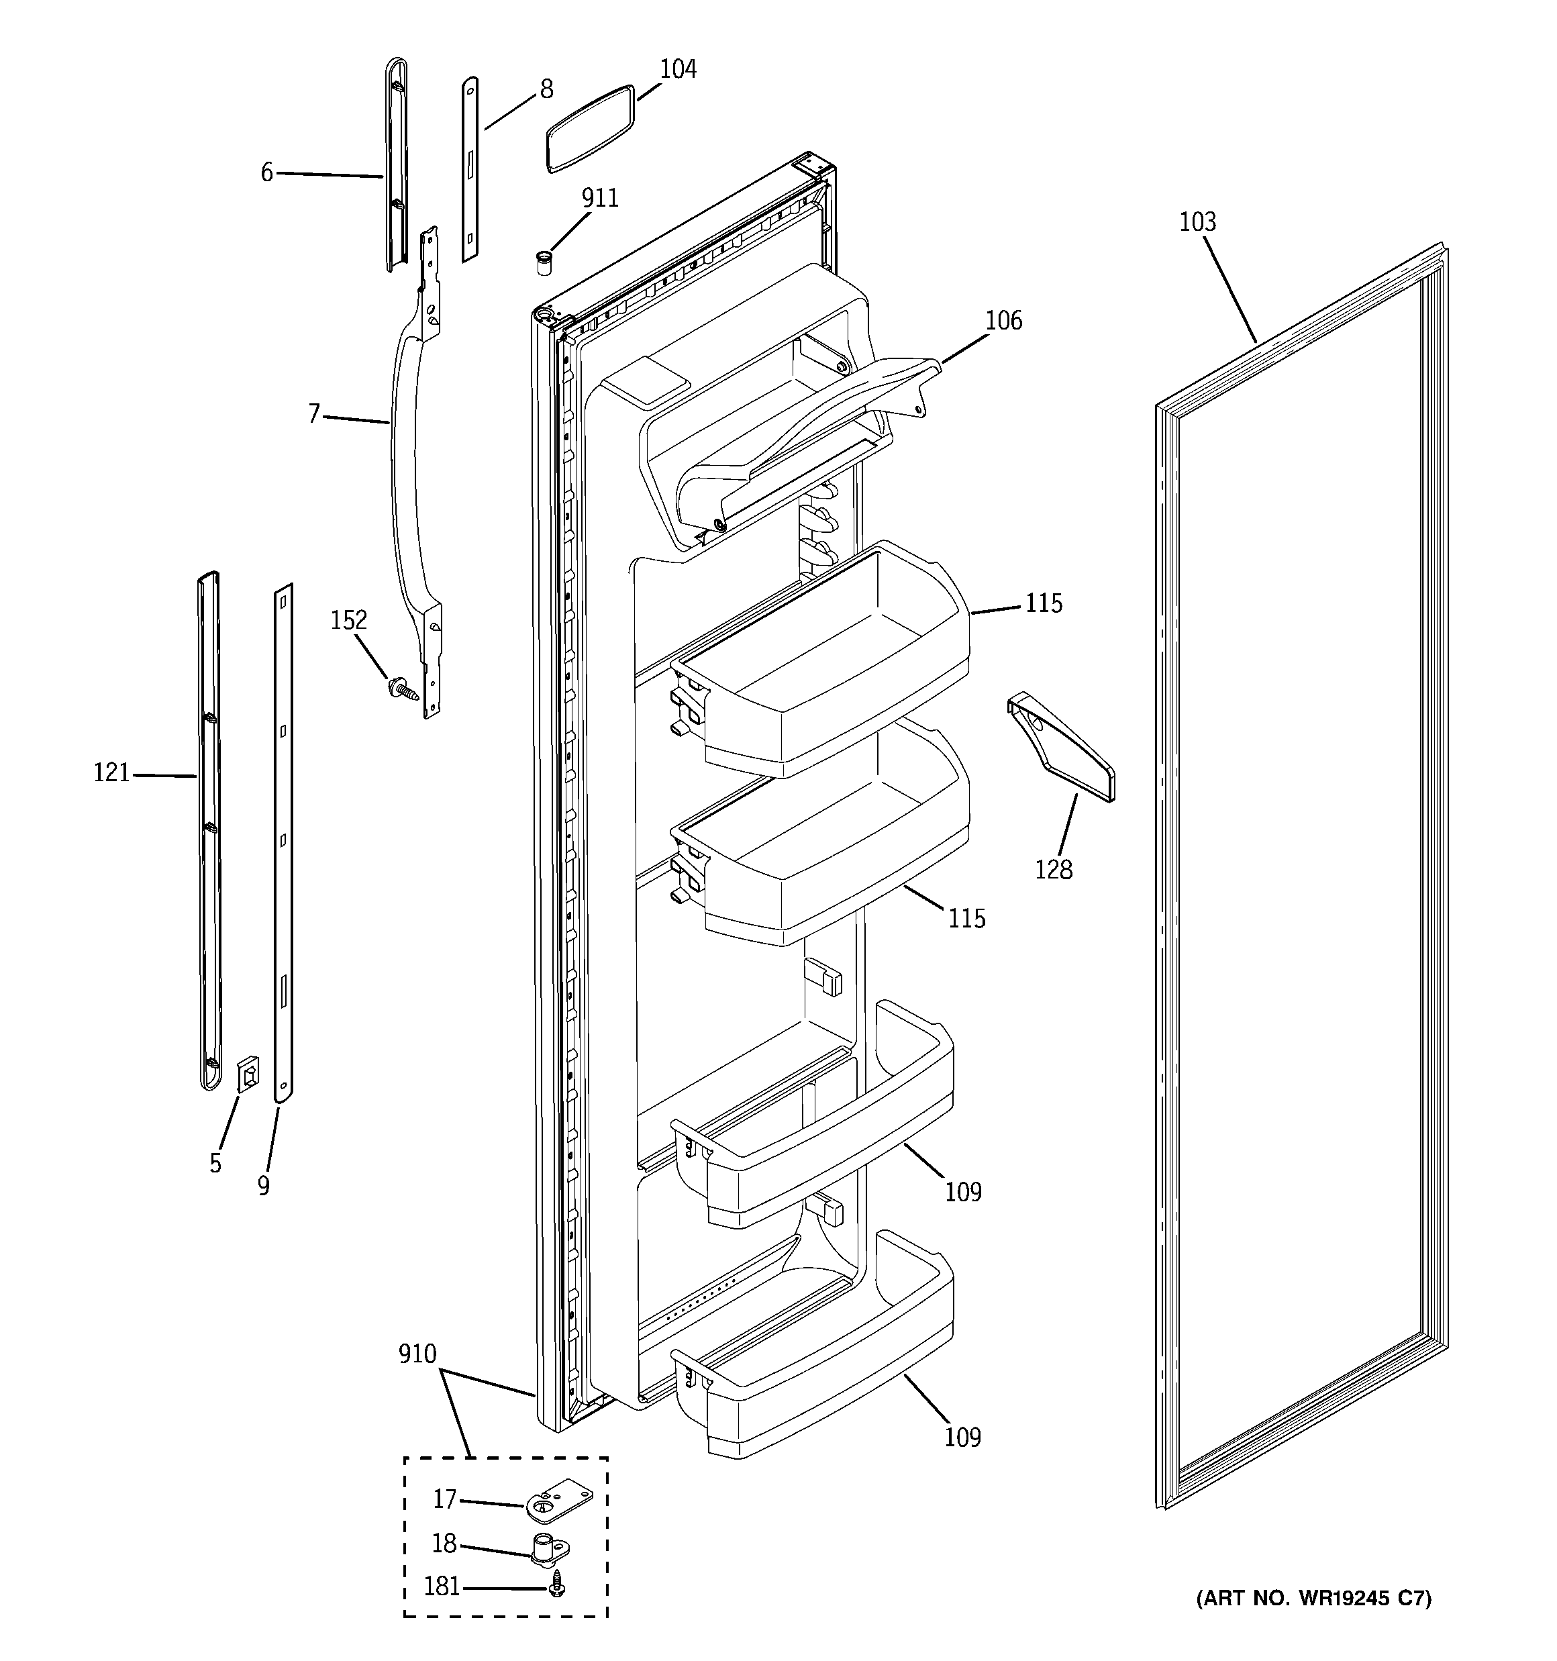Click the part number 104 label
click(678, 69)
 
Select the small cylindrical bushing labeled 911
click(545, 262)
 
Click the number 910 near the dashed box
click(417, 1354)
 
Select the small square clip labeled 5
click(248, 1074)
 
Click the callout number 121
click(111, 774)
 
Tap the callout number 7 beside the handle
click(314, 413)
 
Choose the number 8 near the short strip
click(546, 89)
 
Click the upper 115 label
click(1044, 603)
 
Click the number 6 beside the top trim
click(266, 172)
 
